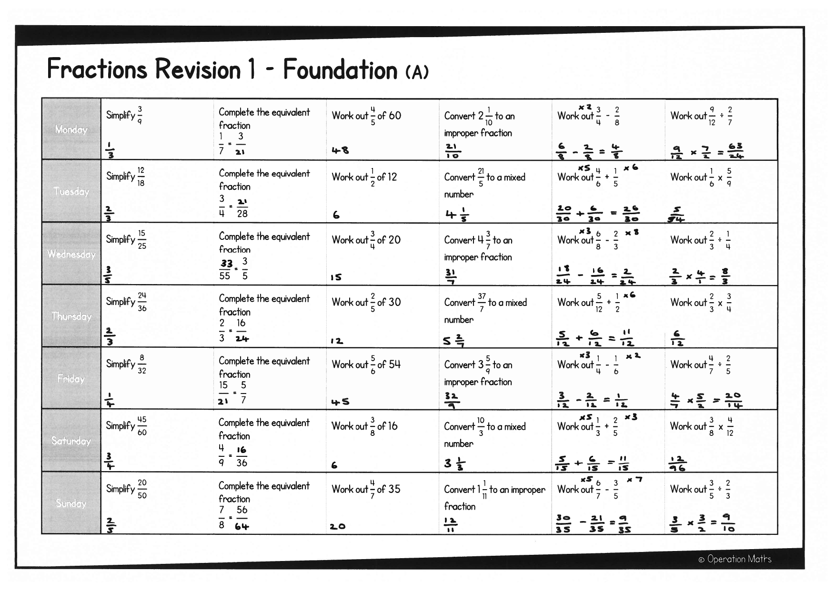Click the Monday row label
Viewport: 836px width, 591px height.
[71, 129]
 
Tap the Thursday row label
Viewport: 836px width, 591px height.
[71, 316]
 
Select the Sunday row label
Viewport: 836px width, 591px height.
[71, 503]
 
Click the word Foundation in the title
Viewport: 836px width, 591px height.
[340, 69]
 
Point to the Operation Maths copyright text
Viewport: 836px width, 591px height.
[735, 559]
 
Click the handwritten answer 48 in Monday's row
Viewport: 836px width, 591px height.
[340, 150]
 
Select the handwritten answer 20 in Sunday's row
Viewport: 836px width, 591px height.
[337, 527]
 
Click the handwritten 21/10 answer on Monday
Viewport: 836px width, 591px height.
[452, 150]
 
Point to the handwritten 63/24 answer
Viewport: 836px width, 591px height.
[735, 150]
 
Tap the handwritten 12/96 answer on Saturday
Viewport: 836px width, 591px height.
[677, 464]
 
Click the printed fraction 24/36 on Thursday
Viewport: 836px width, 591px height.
[142, 302]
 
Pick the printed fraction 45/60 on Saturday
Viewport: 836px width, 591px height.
[142, 426]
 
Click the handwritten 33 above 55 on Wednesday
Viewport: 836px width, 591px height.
[226, 264]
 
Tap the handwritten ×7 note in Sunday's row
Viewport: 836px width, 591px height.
[635, 480]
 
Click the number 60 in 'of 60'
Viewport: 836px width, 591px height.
[395, 115]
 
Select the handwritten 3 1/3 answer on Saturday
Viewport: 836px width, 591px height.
[455, 463]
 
